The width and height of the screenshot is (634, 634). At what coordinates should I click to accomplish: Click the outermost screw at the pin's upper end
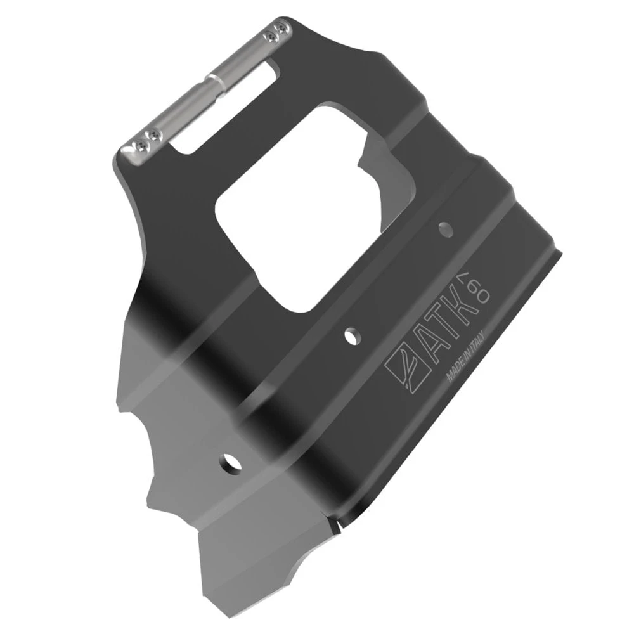coord(281,29)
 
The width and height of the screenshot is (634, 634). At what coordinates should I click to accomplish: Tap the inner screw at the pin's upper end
coord(269,37)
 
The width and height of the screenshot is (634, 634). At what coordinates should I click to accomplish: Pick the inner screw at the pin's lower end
coord(153,134)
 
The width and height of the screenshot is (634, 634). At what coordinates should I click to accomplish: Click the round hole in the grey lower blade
coord(230,463)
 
